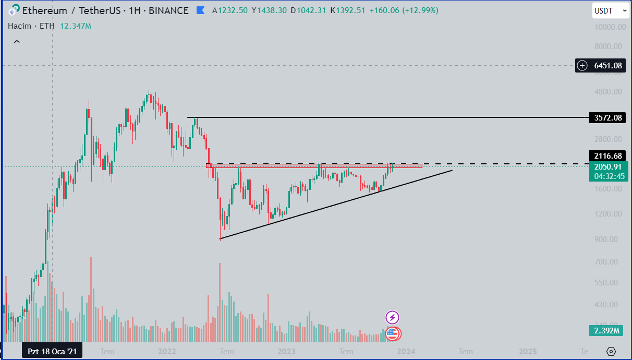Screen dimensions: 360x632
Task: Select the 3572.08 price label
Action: (x=607, y=117)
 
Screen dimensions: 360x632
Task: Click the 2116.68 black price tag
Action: (x=607, y=155)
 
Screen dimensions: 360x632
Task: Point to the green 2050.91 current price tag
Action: (x=607, y=167)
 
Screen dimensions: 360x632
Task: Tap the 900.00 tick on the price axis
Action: (x=609, y=239)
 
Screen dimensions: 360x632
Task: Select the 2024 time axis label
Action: (x=406, y=352)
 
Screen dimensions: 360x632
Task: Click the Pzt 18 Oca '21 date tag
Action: (x=52, y=352)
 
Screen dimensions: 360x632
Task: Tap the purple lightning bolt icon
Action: (x=392, y=317)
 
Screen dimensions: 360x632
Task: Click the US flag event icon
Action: (x=392, y=334)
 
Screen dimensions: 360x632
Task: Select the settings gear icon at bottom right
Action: (x=612, y=352)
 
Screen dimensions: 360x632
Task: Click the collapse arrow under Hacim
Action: (x=17, y=41)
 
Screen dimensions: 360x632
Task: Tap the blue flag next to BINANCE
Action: (x=200, y=10)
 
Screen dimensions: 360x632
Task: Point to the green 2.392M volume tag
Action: (x=607, y=330)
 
